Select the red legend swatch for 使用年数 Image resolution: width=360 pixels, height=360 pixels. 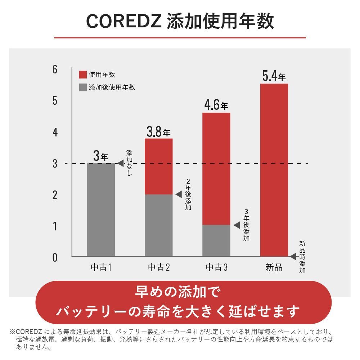83,75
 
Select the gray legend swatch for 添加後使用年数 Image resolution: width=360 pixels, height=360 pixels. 83,87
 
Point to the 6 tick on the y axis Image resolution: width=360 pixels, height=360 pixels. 55,69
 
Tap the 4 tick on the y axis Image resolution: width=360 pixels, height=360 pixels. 55,132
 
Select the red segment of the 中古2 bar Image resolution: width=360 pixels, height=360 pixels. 158,166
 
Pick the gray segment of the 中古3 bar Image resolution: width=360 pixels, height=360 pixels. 216,240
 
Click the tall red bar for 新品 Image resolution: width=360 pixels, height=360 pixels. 274,169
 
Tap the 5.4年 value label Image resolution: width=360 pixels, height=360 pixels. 274,76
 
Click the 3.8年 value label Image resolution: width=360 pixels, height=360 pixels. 158,132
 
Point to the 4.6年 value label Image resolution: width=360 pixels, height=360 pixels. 216,105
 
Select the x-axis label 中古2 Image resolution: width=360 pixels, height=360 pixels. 158,267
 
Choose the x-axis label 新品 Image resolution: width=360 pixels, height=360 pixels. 274,267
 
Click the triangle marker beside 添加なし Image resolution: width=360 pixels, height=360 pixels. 120,163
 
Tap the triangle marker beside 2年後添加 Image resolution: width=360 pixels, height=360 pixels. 178,194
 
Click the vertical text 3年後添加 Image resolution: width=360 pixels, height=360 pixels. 246,225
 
